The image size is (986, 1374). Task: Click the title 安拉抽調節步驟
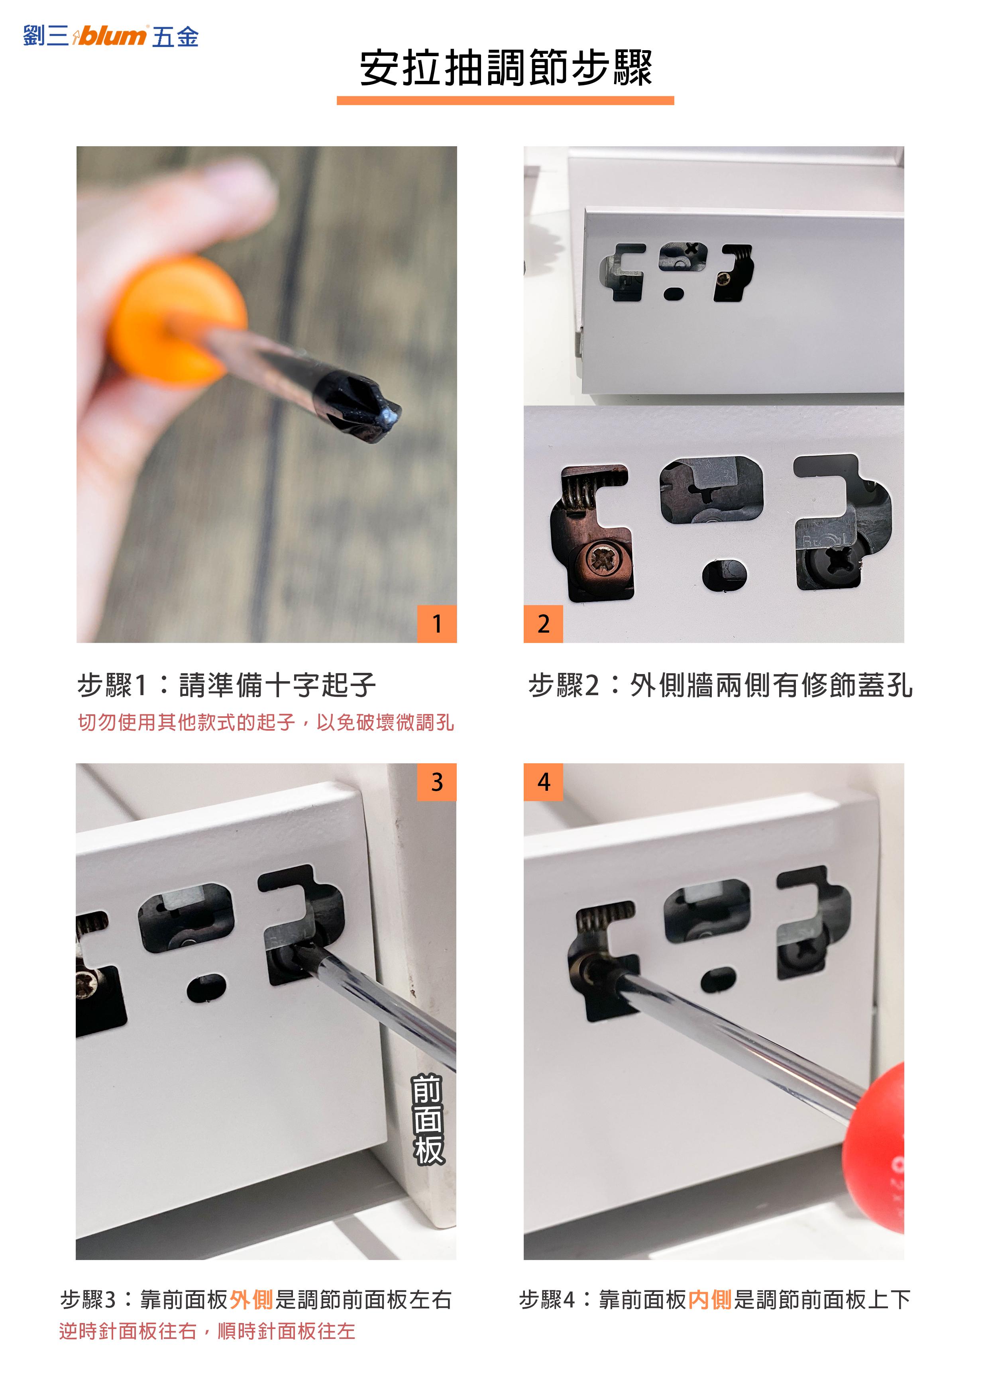(505, 68)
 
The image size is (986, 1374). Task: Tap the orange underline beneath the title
(505, 100)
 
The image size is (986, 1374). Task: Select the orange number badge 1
(437, 623)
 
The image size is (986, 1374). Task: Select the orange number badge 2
(544, 623)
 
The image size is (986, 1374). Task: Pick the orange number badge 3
(437, 782)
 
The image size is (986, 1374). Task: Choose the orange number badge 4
(544, 782)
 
